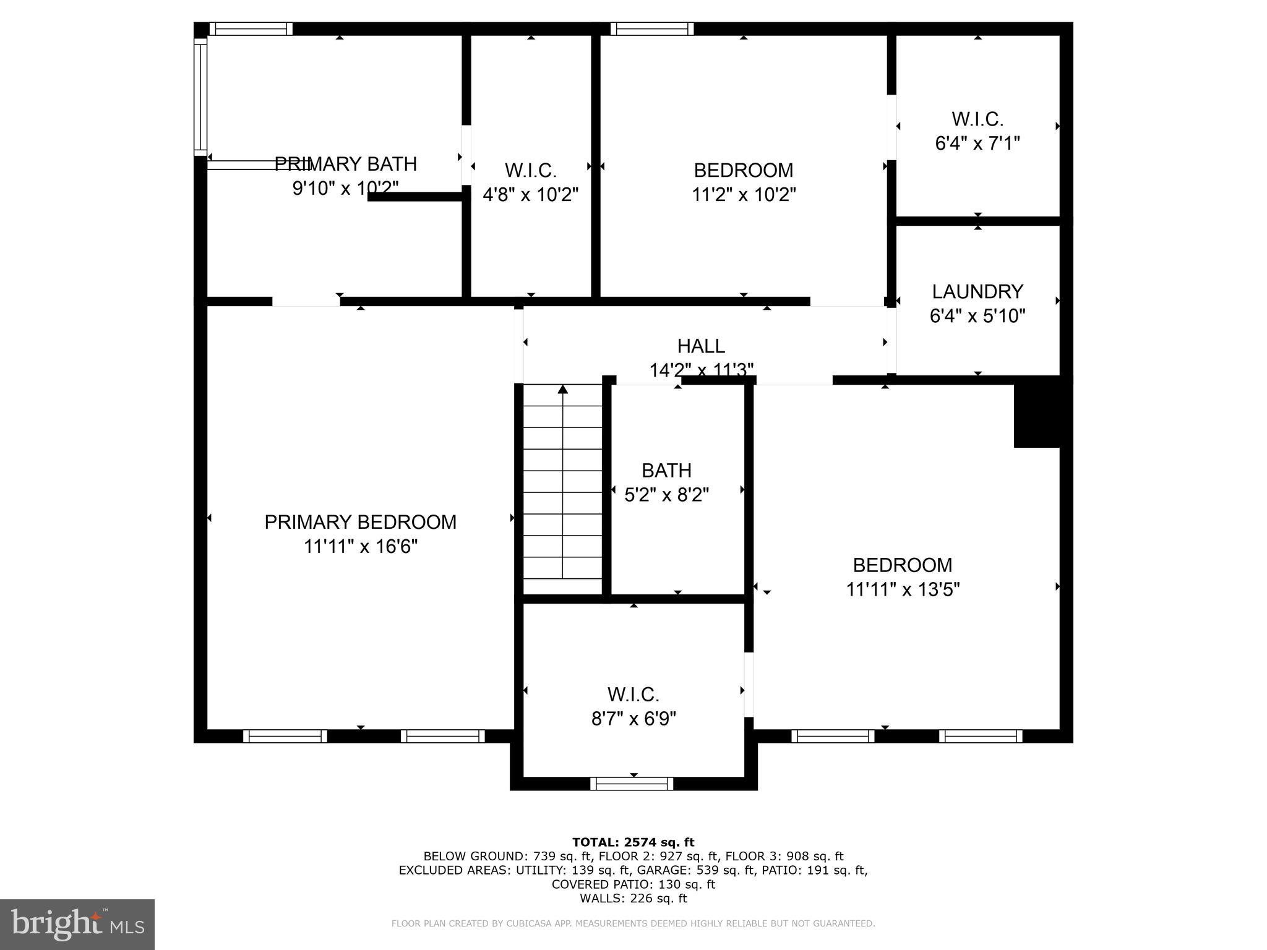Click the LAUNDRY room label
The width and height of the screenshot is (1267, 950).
tap(977, 291)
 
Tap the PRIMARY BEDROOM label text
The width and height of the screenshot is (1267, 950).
tap(360, 522)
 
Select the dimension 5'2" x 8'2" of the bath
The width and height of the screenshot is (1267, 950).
tap(666, 495)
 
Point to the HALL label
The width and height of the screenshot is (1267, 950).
tap(701, 346)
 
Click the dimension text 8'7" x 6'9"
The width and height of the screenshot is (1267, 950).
tap(633, 719)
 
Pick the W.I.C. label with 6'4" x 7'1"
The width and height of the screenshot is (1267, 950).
tap(977, 119)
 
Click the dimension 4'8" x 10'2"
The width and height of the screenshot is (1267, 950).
tap(530, 195)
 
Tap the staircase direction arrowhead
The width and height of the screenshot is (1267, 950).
tap(562, 389)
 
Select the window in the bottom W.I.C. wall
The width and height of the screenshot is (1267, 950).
tap(632, 784)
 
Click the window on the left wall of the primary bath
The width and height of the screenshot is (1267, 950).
tap(200, 97)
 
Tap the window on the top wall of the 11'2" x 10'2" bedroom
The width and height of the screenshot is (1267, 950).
tap(652, 29)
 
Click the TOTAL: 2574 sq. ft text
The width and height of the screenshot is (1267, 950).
tap(633, 842)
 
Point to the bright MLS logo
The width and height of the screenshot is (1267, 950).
tap(77, 924)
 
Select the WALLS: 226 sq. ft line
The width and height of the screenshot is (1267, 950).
tap(633, 898)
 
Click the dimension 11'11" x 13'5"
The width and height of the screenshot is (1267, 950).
tap(903, 589)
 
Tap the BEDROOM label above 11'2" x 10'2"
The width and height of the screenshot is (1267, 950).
tap(743, 170)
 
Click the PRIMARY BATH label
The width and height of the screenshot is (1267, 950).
tap(345, 164)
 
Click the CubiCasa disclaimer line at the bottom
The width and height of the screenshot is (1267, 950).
tap(633, 923)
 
